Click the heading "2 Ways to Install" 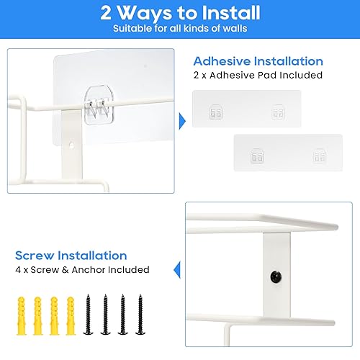point(179,13)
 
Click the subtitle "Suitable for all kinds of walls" point(179,29)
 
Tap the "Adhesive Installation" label point(258,61)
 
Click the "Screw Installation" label point(71,256)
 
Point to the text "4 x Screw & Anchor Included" point(82,269)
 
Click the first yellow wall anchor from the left point(20,312)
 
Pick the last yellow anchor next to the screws point(70,312)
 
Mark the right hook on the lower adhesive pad point(318,156)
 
